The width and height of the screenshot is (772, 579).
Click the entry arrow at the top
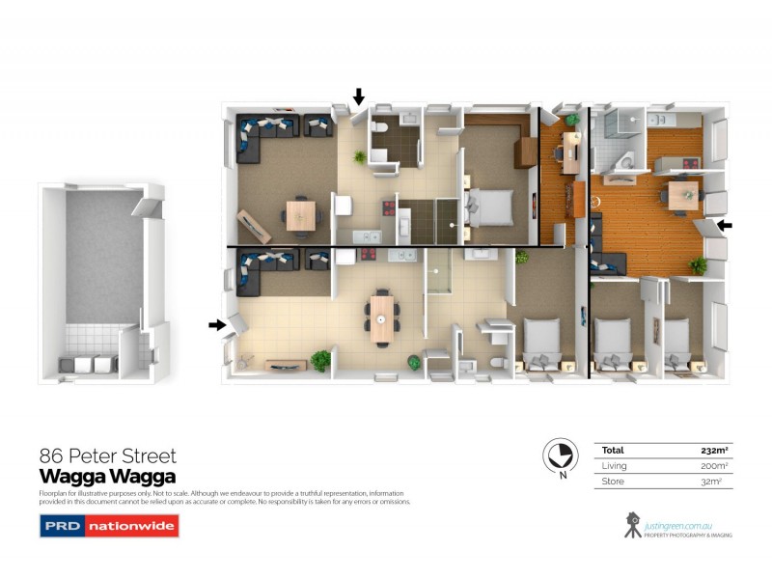click(359, 96)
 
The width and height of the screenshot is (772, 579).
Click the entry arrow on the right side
click(724, 225)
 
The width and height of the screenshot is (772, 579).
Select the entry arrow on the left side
click(216, 325)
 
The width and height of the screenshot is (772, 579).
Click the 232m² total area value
click(713, 450)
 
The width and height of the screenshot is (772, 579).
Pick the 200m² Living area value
click(713, 465)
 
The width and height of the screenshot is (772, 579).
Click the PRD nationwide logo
click(108, 526)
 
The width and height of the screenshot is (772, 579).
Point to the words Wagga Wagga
click(106, 476)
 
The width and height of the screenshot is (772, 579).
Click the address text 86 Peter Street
click(107, 455)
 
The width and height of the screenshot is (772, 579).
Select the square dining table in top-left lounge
click(299, 214)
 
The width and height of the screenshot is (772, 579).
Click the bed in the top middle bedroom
click(491, 206)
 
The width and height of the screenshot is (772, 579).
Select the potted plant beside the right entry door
click(698, 263)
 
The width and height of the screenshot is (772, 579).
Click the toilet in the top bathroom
click(382, 130)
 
